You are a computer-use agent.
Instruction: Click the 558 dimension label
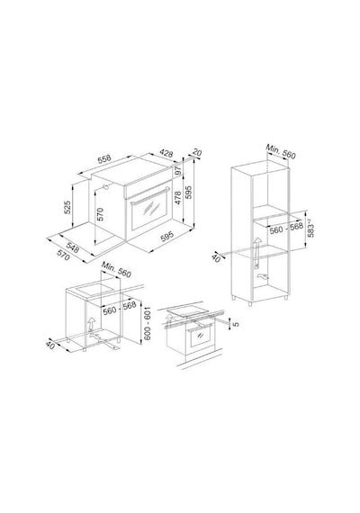click(x=104, y=159)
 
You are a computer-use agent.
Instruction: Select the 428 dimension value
click(x=166, y=153)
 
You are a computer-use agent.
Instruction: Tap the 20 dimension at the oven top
click(x=197, y=153)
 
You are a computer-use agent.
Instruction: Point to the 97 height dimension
click(x=178, y=170)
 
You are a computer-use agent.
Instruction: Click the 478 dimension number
click(x=177, y=198)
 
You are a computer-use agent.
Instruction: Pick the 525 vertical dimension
click(x=67, y=207)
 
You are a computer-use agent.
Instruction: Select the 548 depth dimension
click(x=73, y=247)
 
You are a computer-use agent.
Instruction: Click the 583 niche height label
click(x=310, y=229)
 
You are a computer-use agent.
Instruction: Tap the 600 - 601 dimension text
click(x=148, y=323)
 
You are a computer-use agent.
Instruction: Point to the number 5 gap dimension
click(x=236, y=324)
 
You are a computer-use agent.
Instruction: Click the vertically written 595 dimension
click(x=189, y=193)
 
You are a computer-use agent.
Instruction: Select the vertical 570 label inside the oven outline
click(x=100, y=214)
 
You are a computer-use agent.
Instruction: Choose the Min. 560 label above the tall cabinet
click(x=281, y=151)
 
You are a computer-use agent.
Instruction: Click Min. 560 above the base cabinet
click(x=116, y=269)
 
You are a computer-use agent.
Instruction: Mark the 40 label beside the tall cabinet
click(x=216, y=257)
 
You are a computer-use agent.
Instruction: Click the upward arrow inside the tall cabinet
click(x=256, y=247)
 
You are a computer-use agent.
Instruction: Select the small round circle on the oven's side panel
click(x=105, y=187)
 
